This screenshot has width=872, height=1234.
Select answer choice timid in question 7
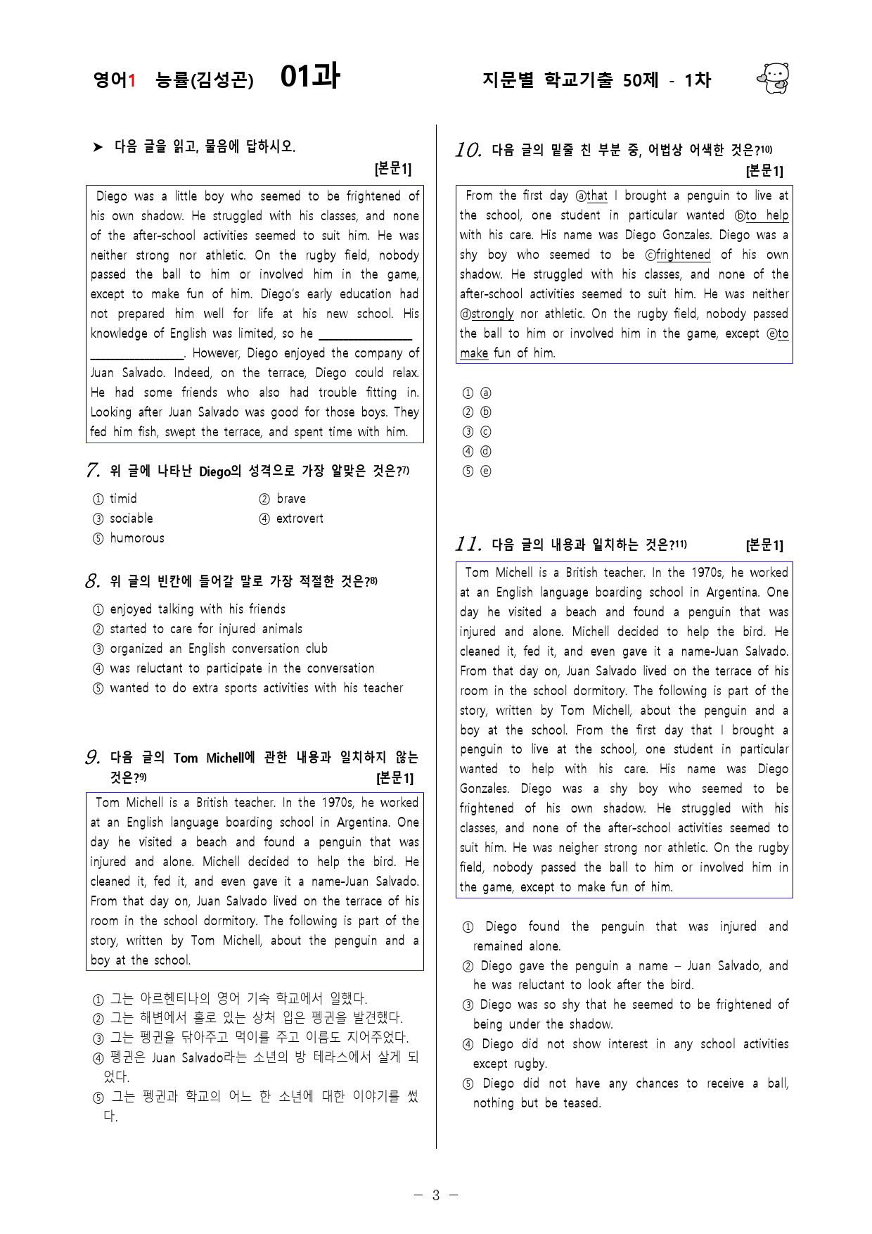coord(123,499)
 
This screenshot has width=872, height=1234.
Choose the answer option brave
coord(290,499)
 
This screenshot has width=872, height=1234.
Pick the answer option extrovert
coord(300,519)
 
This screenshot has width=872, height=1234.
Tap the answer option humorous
coord(136,538)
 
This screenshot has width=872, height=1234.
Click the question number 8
coord(92,582)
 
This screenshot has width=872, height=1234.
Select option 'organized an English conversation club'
coord(218,649)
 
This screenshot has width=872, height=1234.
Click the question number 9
coord(92,758)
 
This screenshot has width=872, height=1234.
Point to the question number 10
coord(468,150)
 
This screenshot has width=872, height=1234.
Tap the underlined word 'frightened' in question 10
coord(683,255)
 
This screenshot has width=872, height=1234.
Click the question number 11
coord(468,545)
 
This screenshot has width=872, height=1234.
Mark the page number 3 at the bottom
coord(435,1195)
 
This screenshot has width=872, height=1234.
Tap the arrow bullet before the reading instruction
coord(98,147)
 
